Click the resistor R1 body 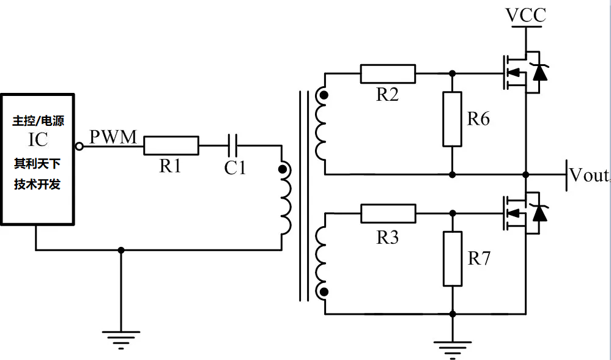point(171,145)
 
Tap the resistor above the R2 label point(388,73)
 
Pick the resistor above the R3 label point(388,213)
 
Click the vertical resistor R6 point(452,119)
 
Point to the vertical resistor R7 point(452,259)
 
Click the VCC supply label point(525,15)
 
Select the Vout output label point(588,175)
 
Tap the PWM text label point(113,137)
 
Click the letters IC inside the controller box point(37,140)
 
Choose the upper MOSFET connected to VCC point(517,73)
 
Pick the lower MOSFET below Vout point(517,213)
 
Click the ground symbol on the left point(120,339)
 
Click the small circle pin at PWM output point(79,146)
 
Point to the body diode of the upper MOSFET point(539,72)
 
